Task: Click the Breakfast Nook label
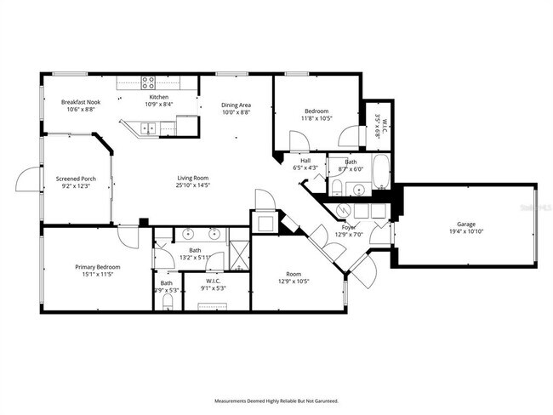click(x=82, y=102)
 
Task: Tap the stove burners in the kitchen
click(x=149, y=82)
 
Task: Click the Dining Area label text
click(x=236, y=105)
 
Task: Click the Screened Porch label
click(x=77, y=179)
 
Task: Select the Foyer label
click(x=349, y=227)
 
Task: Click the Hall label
click(x=305, y=161)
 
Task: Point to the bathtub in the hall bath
click(x=379, y=171)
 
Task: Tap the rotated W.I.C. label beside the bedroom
click(x=385, y=124)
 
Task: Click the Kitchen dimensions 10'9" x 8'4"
click(x=159, y=105)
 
